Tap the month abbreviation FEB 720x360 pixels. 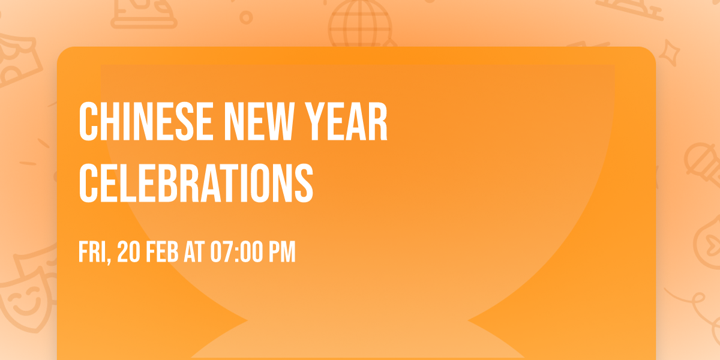[163, 252]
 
